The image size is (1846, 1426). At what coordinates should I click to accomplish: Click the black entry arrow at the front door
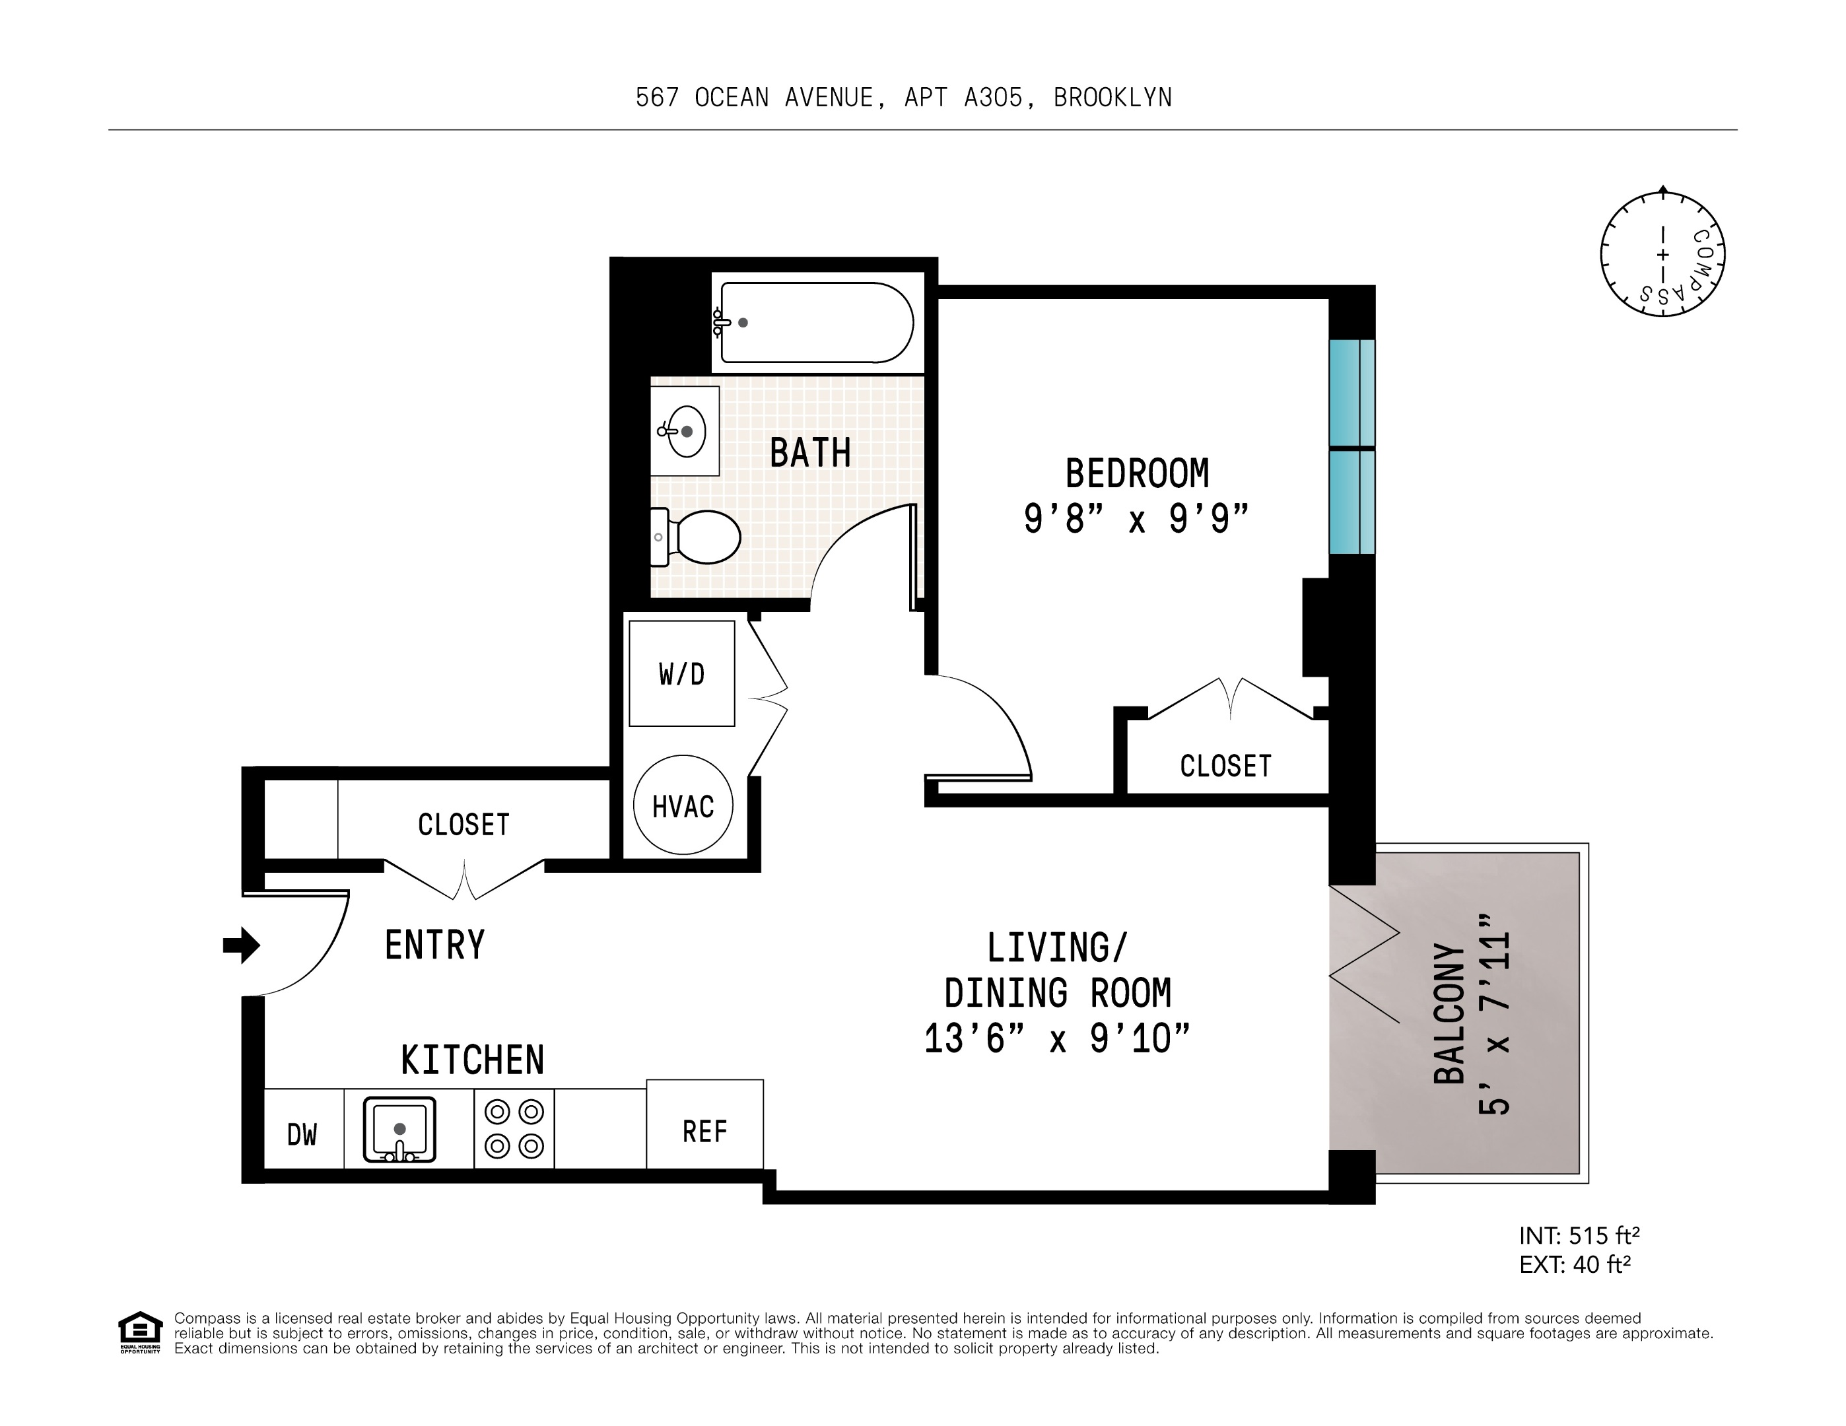coord(241,945)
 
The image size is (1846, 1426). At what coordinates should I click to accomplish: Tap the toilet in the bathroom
coord(700,537)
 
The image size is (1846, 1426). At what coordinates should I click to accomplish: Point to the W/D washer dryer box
coord(681,673)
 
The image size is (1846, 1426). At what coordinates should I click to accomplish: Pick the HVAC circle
coord(683,805)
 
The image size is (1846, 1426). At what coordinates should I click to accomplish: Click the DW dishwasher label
coord(302,1134)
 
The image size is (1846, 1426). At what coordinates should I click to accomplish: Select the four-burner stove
coord(514,1128)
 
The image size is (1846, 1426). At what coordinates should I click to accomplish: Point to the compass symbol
coord(1662,254)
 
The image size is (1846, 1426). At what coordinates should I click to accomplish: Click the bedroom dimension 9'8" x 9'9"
coord(1136,518)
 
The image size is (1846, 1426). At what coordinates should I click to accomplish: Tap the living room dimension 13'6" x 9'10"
coord(1056,1038)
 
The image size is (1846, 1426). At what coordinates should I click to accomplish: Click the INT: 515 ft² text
coord(1579,1236)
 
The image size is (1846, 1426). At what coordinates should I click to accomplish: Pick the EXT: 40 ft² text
coord(1574,1264)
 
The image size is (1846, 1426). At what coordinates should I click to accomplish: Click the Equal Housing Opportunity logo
coord(139,1332)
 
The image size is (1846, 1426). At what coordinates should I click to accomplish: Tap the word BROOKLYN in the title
coord(1112,98)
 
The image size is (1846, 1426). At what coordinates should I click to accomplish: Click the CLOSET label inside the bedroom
coord(1225,766)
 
